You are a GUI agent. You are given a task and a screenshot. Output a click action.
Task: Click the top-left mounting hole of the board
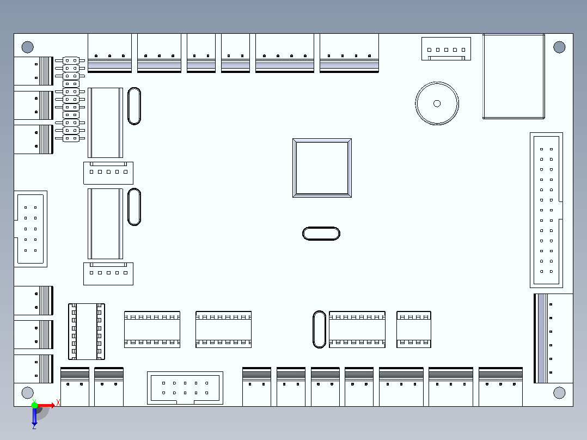point(27,47)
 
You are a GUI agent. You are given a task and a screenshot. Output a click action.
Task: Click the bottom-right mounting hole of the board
point(559,393)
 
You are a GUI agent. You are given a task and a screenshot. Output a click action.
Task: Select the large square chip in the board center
point(322,168)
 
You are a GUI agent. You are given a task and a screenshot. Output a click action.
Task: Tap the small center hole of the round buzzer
point(437,103)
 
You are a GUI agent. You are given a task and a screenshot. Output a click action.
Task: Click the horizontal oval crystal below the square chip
point(321,234)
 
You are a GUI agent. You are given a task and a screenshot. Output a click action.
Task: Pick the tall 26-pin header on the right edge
point(547,210)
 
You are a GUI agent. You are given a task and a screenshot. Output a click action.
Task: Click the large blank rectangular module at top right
point(513,76)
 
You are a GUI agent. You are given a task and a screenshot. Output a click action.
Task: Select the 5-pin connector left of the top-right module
point(447,48)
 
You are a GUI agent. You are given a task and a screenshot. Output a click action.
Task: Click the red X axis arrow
point(46,405)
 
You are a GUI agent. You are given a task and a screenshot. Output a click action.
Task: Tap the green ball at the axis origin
point(34,405)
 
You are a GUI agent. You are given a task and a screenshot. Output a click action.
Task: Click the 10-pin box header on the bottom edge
point(185,388)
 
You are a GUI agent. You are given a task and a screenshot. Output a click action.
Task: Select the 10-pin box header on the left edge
point(30,229)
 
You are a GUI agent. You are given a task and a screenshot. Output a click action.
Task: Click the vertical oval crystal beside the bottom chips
point(319,329)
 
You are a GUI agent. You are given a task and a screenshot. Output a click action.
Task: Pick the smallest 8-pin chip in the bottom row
point(414,329)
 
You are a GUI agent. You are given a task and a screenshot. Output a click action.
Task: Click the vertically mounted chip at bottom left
point(87,332)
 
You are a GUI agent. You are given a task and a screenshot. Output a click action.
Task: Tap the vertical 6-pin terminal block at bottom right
point(553,339)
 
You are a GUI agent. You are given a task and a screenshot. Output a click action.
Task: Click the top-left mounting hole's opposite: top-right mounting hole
point(559,47)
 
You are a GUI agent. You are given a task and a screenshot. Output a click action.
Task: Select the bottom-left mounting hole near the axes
point(27,393)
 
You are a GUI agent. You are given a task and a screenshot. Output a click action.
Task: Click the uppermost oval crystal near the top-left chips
point(134,106)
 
